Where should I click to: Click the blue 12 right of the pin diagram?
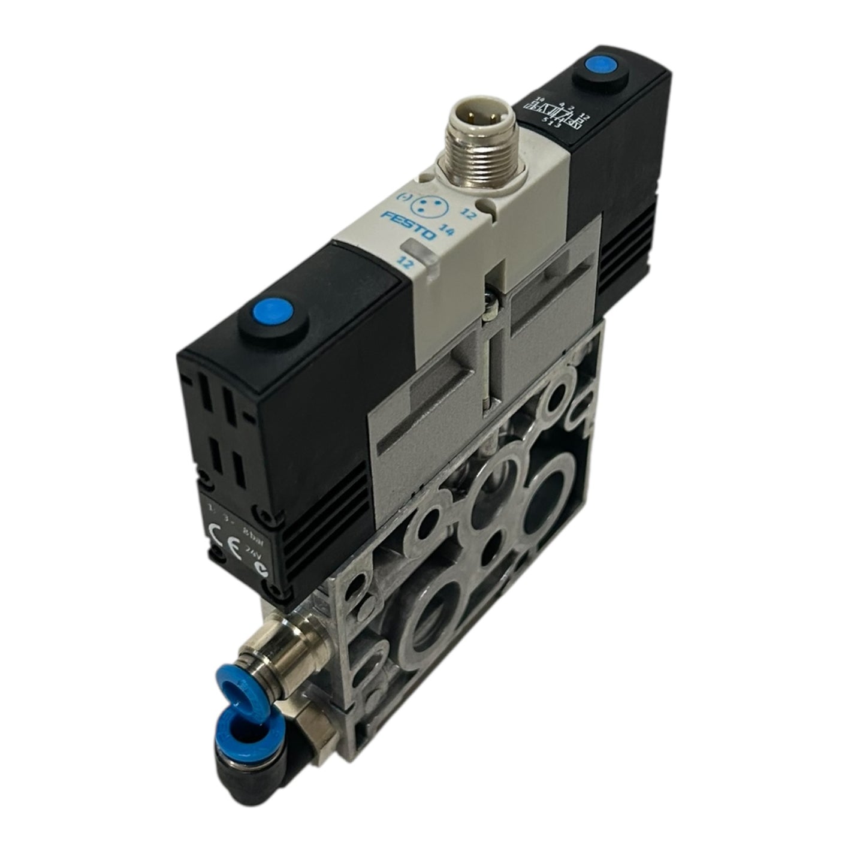[468, 213]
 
